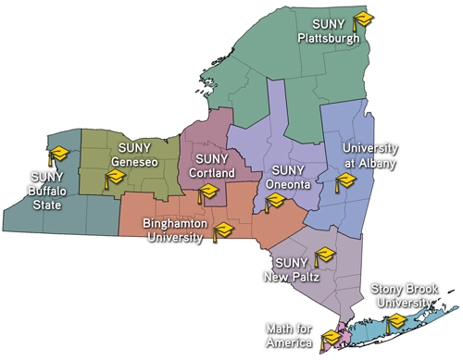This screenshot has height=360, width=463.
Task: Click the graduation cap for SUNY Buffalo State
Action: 59,153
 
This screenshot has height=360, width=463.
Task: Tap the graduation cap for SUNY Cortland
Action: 207,192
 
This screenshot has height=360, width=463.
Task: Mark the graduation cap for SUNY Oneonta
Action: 274,200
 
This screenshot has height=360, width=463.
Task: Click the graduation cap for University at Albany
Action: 344,179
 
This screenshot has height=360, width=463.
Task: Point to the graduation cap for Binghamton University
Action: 222,230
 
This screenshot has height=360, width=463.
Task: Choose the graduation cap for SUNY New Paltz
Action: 325,255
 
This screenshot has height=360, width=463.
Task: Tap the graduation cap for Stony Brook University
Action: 396,320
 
